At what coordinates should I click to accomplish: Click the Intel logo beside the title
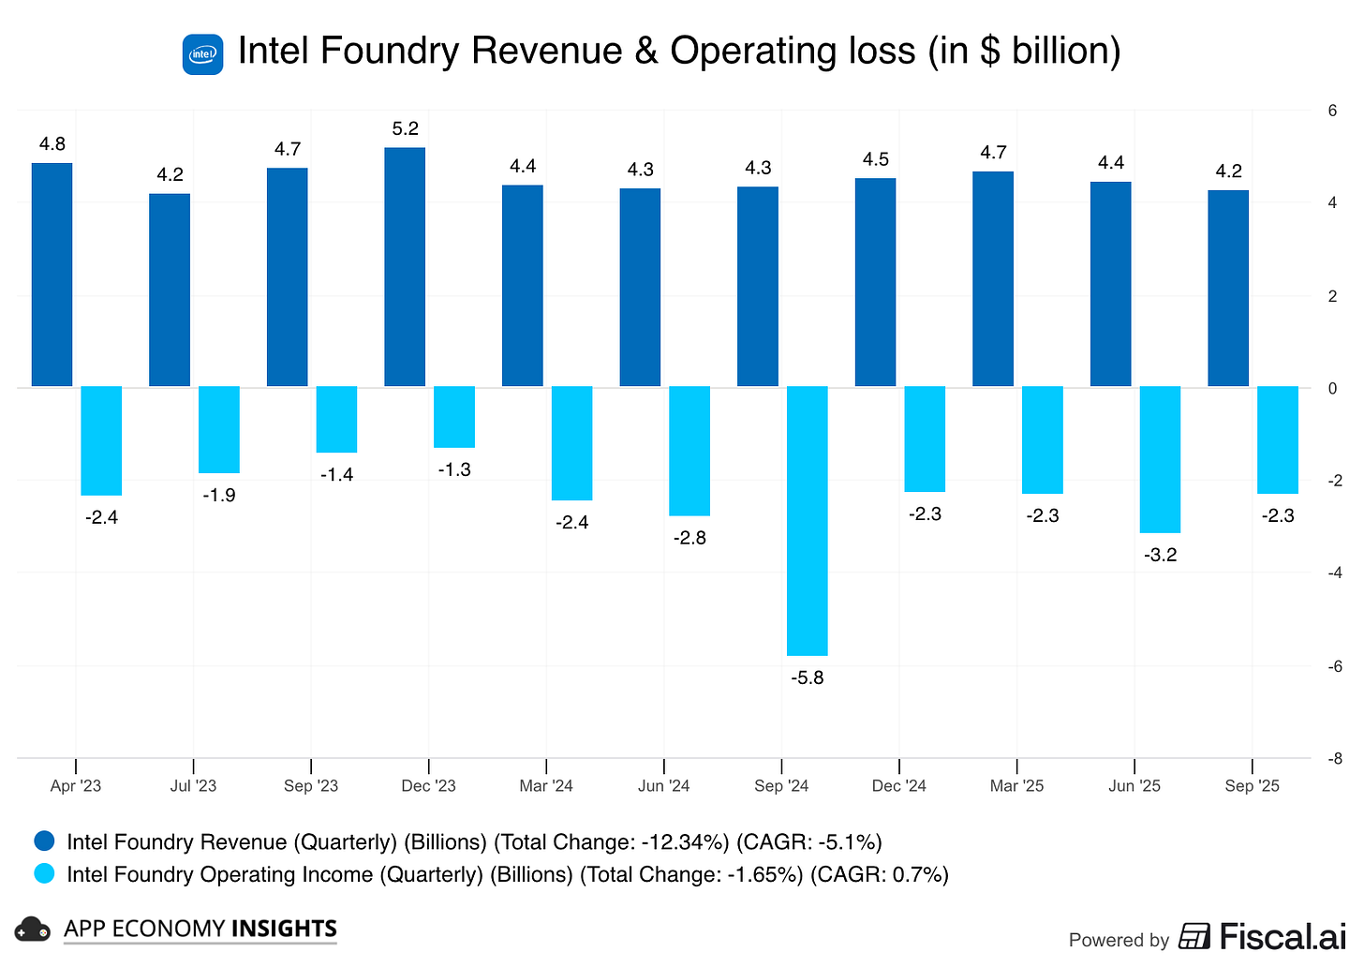click(202, 54)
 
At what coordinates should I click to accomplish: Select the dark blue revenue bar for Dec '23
click(405, 267)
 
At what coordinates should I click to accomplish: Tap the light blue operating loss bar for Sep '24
click(807, 520)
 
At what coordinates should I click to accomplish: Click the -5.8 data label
click(807, 677)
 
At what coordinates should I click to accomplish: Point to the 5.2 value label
click(405, 128)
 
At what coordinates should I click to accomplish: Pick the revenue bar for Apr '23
click(52, 275)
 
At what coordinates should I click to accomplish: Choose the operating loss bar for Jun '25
click(1160, 459)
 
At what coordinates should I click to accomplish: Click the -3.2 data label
click(1160, 555)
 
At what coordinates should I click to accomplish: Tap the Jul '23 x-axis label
click(193, 786)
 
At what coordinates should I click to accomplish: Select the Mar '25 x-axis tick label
click(1016, 786)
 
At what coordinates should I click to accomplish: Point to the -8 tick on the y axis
click(1335, 759)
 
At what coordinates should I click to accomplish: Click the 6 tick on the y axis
click(1332, 111)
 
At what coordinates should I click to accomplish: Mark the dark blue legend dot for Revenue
click(44, 841)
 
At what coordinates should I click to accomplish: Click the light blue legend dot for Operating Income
click(44, 873)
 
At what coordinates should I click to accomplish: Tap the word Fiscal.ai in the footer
click(1282, 936)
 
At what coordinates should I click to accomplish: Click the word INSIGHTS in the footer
click(284, 929)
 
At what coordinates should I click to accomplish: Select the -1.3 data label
click(454, 469)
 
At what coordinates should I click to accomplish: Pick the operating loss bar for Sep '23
click(336, 419)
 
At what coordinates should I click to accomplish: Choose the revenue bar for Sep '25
click(1228, 289)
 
